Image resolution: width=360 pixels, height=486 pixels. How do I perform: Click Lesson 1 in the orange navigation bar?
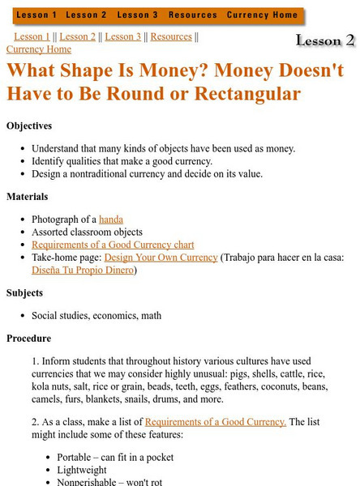point(37,15)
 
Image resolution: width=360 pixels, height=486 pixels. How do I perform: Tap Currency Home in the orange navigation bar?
point(262,15)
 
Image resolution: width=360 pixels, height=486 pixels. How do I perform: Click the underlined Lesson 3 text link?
point(122,36)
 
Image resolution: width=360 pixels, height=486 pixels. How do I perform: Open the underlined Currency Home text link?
point(38,49)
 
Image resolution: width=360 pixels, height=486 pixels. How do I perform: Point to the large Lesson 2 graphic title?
point(324,40)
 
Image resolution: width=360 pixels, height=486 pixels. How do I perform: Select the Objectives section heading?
point(29,126)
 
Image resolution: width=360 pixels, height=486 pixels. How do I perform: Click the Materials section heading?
point(28,196)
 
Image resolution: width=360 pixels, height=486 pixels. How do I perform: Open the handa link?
point(110,220)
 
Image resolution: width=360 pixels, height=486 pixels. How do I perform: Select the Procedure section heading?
point(28,338)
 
